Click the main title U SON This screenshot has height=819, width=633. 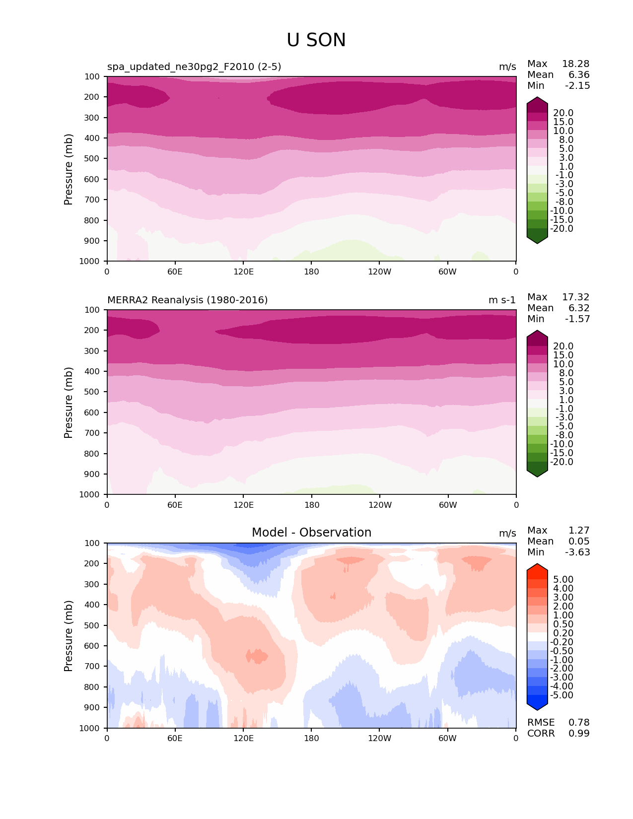click(x=316, y=40)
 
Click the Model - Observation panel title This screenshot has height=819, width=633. click(x=311, y=533)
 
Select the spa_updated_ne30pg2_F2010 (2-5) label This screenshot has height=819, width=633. click(x=194, y=67)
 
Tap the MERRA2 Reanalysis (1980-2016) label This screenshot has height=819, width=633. click(x=187, y=300)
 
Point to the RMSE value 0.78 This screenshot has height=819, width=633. click(x=579, y=723)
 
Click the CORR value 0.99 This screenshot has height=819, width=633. click(x=579, y=734)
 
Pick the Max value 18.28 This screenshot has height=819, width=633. click(x=575, y=64)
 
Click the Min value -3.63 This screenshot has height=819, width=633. click(x=577, y=552)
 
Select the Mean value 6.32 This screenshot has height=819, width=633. click(x=579, y=308)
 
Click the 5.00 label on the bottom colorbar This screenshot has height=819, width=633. click(x=563, y=580)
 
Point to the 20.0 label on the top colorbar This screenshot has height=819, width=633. click(x=563, y=113)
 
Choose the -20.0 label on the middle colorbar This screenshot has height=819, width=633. click(x=562, y=462)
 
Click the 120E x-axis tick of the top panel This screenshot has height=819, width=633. click(x=243, y=272)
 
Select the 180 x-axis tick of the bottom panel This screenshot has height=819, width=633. click(x=311, y=738)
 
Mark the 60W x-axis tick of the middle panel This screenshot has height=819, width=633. click(x=448, y=505)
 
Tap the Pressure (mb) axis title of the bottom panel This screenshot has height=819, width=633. click(x=69, y=636)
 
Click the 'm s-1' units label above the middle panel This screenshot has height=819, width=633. click(x=502, y=300)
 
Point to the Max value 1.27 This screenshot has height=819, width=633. click(x=579, y=531)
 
